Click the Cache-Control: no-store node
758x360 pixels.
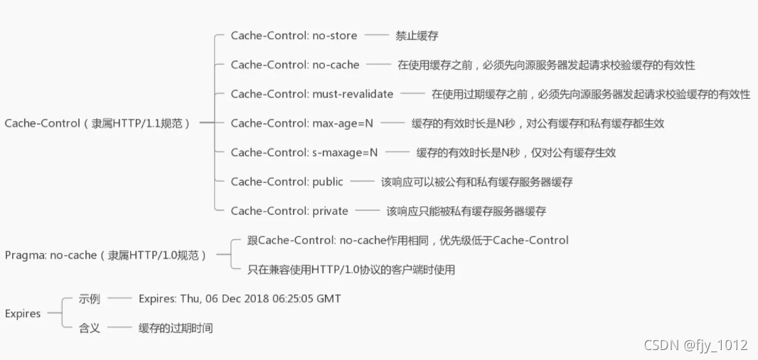pos(294,36)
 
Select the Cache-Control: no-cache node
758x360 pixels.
pos(295,65)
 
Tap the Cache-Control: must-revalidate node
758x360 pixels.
pos(312,94)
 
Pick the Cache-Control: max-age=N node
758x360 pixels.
pos(301,123)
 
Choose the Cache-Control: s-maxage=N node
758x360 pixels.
pos(304,152)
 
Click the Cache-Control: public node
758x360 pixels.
pos(287,181)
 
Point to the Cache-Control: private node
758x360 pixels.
pos(289,211)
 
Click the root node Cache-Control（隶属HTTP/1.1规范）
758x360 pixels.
pos(97,123)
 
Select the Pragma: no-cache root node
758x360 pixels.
pos(105,255)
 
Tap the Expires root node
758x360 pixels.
pos(23,314)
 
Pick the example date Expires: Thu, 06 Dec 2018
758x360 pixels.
pos(240,299)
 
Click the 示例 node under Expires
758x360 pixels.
pos(89,299)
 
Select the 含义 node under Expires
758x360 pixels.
pos(89,328)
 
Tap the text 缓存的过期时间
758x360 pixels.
pos(176,328)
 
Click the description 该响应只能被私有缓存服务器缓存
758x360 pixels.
pos(466,211)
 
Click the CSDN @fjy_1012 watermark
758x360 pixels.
pos(695,345)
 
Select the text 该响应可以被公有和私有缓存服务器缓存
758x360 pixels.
pos(476,181)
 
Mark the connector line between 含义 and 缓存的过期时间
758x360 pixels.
pos(119,328)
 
